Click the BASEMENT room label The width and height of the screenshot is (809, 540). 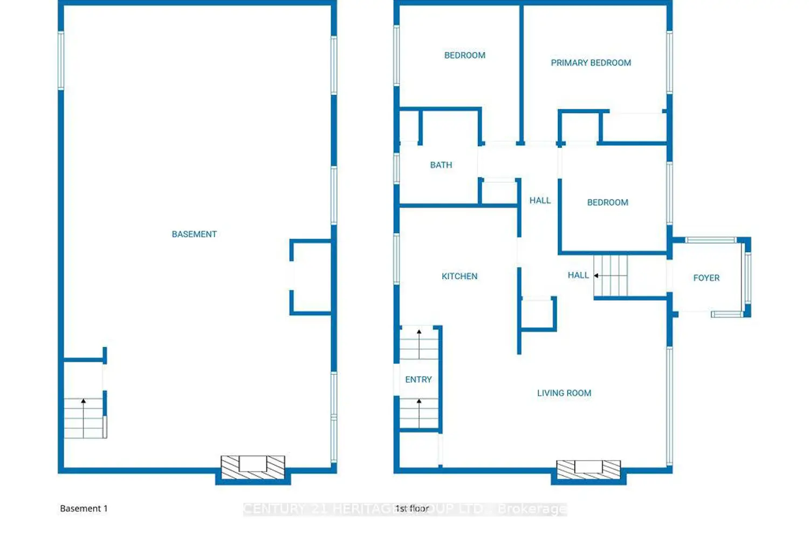point(194,234)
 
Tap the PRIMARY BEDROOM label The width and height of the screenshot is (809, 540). point(591,63)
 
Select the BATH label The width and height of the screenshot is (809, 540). point(441,165)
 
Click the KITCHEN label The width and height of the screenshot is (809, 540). point(459,276)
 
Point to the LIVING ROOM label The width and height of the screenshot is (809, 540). point(564,393)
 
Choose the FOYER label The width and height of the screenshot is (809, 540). point(706,278)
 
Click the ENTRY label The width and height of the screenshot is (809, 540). point(418,380)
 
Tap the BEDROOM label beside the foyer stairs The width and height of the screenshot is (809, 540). point(607,202)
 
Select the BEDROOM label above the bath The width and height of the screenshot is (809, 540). point(464,55)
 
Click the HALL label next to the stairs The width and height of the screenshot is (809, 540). point(578,275)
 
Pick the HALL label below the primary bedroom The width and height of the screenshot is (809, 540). point(540,200)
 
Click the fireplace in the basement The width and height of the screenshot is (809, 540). point(253,467)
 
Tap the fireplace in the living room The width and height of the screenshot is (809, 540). point(588,469)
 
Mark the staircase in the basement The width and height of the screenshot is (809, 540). point(84,418)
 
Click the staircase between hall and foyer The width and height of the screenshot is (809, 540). point(611,276)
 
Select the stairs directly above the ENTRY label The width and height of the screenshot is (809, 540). point(419,343)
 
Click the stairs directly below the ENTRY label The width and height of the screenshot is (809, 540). point(419,414)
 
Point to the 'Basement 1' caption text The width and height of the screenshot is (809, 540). point(84,509)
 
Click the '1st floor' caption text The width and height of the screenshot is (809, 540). point(412,509)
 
